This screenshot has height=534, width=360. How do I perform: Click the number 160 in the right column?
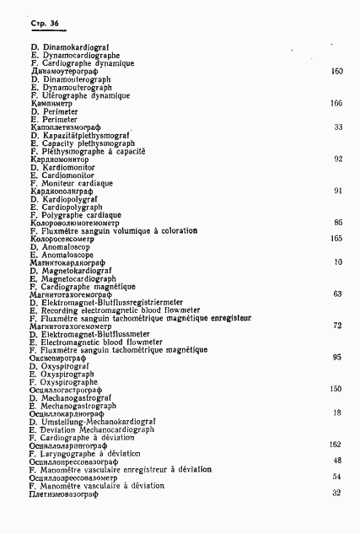(x=336, y=72)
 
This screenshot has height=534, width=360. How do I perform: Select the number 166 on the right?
(x=336, y=103)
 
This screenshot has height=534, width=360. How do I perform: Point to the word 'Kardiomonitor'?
(x=62, y=167)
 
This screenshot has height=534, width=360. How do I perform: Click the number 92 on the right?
(x=338, y=159)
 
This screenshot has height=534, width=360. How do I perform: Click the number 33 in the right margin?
(x=338, y=127)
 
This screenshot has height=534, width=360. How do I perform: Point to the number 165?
(x=336, y=239)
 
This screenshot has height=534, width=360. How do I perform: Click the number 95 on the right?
(x=338, y=357)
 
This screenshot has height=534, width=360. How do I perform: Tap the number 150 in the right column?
(x=336, y=389)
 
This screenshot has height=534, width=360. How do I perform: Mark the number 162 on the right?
(x=336, y=445)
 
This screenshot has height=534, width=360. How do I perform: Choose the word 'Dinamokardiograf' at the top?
(x=73, y=47)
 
